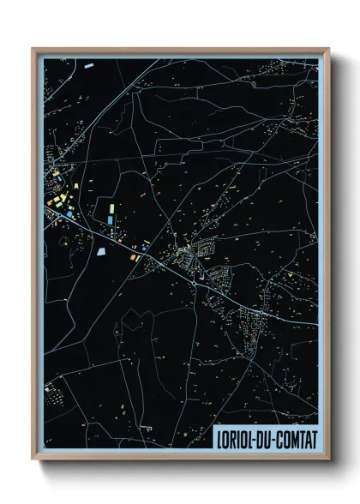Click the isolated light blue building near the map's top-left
click(89, 63)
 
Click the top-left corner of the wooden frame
click(33, 49)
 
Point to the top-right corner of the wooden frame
click(328, 49)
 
